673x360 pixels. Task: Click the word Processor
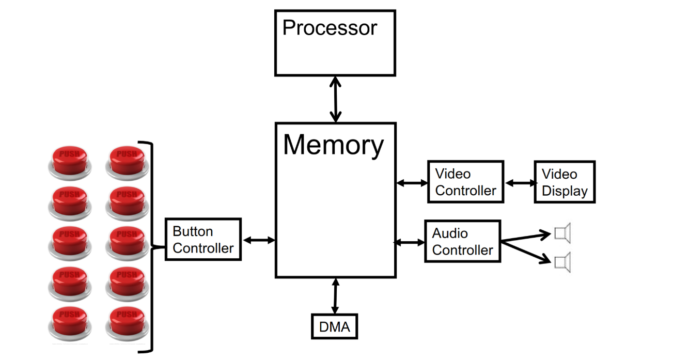coord(330,28)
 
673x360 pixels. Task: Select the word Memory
coord(333,145)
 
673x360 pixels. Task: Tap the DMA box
coord(334,326)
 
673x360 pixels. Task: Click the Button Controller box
coord(203,239)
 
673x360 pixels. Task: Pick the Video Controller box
coord(465,182)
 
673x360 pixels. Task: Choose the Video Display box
coord(565,182)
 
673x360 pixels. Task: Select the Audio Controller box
coord(462,241)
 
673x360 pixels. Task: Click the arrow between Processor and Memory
coord(336,99)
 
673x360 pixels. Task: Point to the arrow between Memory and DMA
coord(336,296)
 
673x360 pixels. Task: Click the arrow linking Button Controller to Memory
coord(258,240)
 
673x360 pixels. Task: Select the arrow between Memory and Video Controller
coord(412,182)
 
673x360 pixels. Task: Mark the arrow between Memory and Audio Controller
coord(410,242)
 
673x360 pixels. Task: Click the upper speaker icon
coord(562,233)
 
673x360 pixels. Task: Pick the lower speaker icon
coord(562,262)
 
